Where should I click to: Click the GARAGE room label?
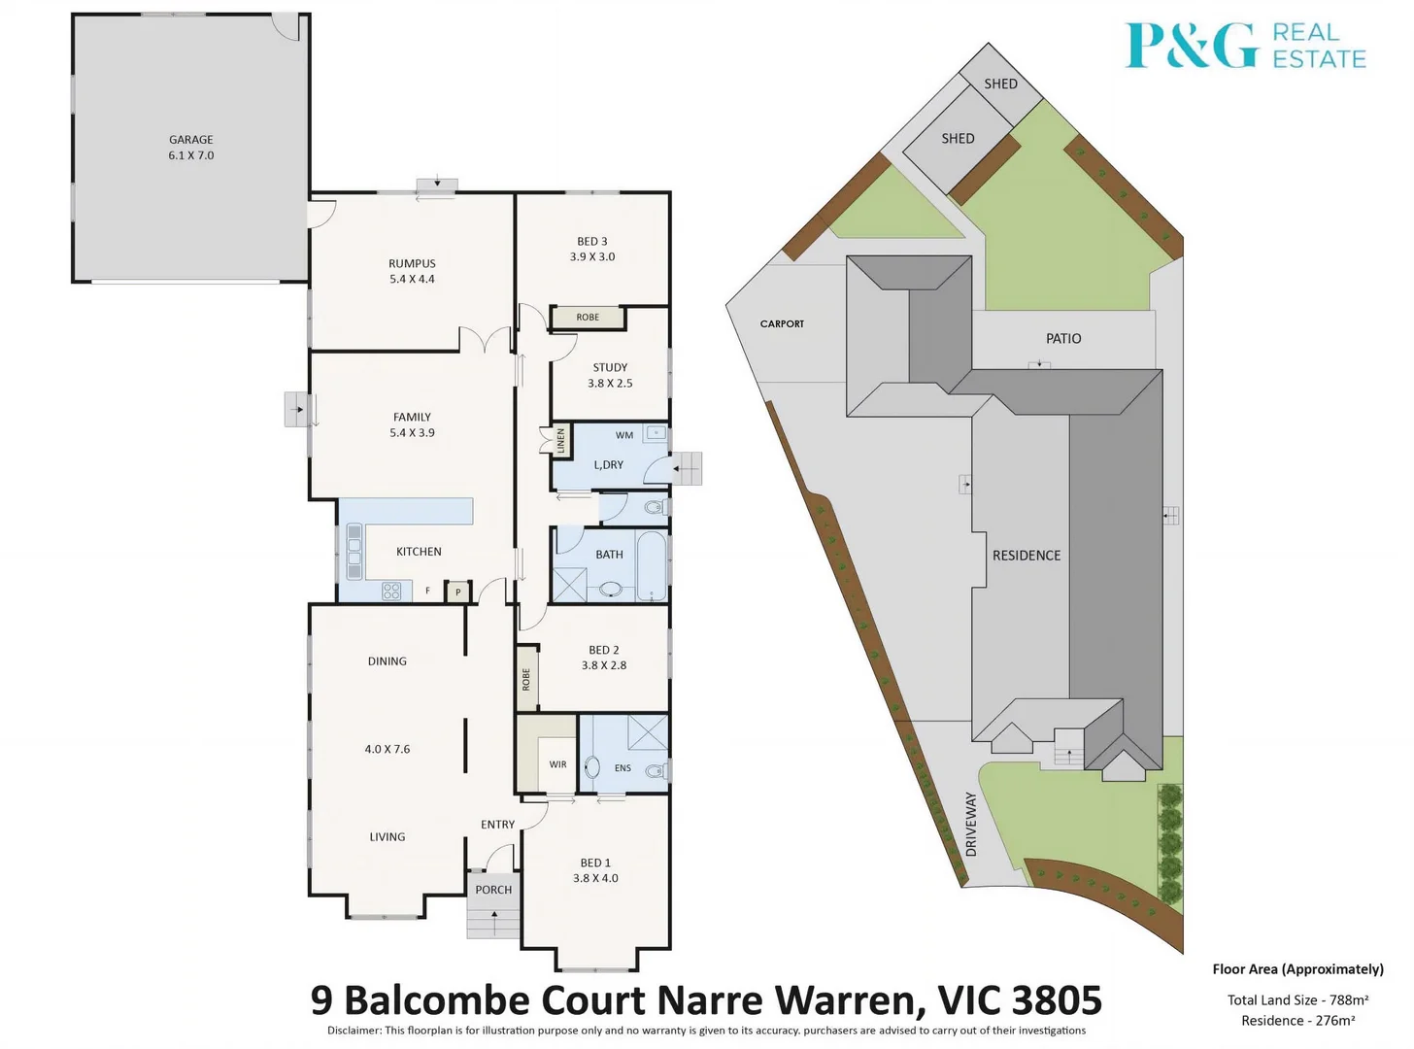click(190, 140)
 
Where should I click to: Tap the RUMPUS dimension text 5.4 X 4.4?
click(412, 279)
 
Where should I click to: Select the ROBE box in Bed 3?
click(588, 318)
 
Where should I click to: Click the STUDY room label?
click(610, 367)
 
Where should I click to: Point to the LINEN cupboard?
click(560, 442)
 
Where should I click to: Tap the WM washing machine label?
click(624, 435)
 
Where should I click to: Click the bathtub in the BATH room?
click(652, 565)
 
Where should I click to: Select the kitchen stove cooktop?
click(391, 591)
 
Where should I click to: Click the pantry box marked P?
click(458, 592)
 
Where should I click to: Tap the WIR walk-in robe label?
click(557, 764)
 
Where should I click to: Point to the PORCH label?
click(493, 890)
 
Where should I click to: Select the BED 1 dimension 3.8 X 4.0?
click(595, 878)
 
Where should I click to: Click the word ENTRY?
click(497, 825)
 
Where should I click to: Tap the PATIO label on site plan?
click(1063, 338)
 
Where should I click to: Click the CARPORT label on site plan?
click(782, 323)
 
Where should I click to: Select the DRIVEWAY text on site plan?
click(971, 824)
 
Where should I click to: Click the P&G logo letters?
click(1192, 46)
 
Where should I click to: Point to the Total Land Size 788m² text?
click(1297, 999)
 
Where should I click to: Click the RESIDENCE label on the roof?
click(1027, 556)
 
